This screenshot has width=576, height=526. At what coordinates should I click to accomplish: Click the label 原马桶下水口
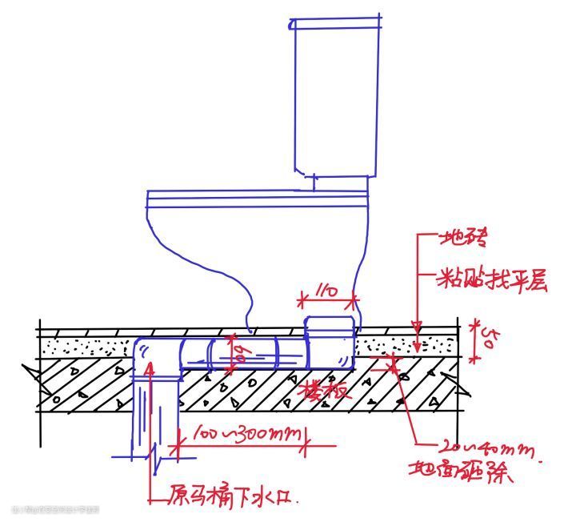(x=231, y=496)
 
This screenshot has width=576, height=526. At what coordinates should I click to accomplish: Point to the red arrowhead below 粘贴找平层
(x=417, y=326)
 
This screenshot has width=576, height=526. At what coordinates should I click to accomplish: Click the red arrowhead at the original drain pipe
(x=149, y=369)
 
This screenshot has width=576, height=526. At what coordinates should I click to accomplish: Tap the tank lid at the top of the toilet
(x=334, y=24)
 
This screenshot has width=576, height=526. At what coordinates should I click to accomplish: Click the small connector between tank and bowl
(x=314, y=183)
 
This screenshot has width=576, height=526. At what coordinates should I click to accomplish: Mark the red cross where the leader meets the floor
(x=393, y=364)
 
